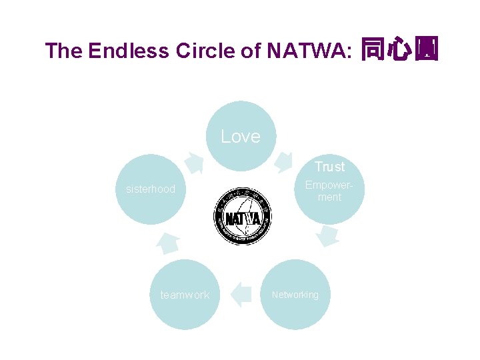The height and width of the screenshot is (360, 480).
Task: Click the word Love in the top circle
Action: tap(240, 137)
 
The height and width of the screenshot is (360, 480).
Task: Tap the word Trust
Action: tap(329, 167)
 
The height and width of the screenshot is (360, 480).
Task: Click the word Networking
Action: tap(295, 295)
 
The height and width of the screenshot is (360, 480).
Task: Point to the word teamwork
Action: tap(185, 295)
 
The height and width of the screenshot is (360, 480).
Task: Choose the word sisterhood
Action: tap(151, 189)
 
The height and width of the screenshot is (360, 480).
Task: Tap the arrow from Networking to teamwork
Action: tap(240, 294)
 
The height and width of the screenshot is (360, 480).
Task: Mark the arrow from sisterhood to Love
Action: tap(194, 162)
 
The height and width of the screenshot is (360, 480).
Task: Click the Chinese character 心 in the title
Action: tap(399, 50)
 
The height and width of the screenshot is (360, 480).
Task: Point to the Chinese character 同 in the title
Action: tap(372, 50)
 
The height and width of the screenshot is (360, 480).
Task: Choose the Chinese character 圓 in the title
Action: tap(426, 50)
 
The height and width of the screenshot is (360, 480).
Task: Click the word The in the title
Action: tap(63, 51)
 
